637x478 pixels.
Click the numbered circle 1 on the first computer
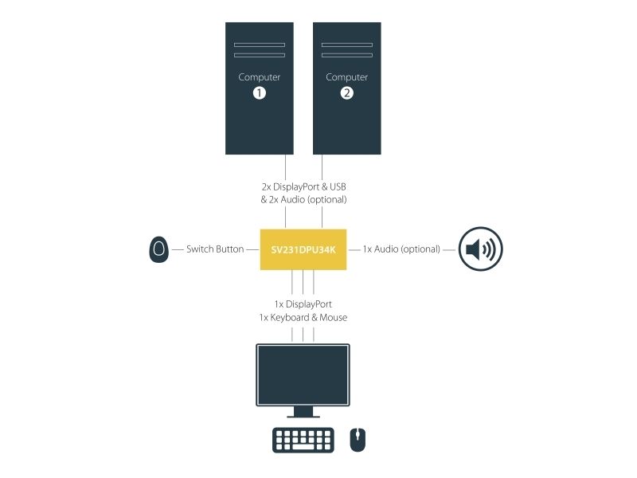click(x=260, y=93)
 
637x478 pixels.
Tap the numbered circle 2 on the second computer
click(x=346, y=93)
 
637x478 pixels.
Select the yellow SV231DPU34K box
click(x=303, y=249)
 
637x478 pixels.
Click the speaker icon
click(x=481, y=249)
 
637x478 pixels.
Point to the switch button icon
click(x=158, y=249)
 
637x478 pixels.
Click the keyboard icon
click(x=303, y=440)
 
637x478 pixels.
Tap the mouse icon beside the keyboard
click(x=358, y=440)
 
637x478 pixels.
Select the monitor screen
click(x=303, y=374)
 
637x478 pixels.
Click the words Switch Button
click(x=215, y=249)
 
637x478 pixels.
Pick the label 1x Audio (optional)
click(x=401, y=249)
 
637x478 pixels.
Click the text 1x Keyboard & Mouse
click(x=303, y=317)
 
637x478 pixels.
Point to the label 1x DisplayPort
click(x=303, y=304)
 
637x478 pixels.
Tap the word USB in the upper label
click(x=338, y=186)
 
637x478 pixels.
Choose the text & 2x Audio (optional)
click(x=303, y=200)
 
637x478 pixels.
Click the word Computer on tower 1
click(x=260, y=76)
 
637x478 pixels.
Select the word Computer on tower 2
click(x=346, y=76)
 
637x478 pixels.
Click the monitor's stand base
click(x=303, y=416)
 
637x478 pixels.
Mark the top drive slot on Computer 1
click(x=260, y=45)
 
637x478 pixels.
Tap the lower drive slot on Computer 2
click(x=347, y=55)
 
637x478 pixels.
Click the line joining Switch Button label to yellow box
click(x=252, y=249)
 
